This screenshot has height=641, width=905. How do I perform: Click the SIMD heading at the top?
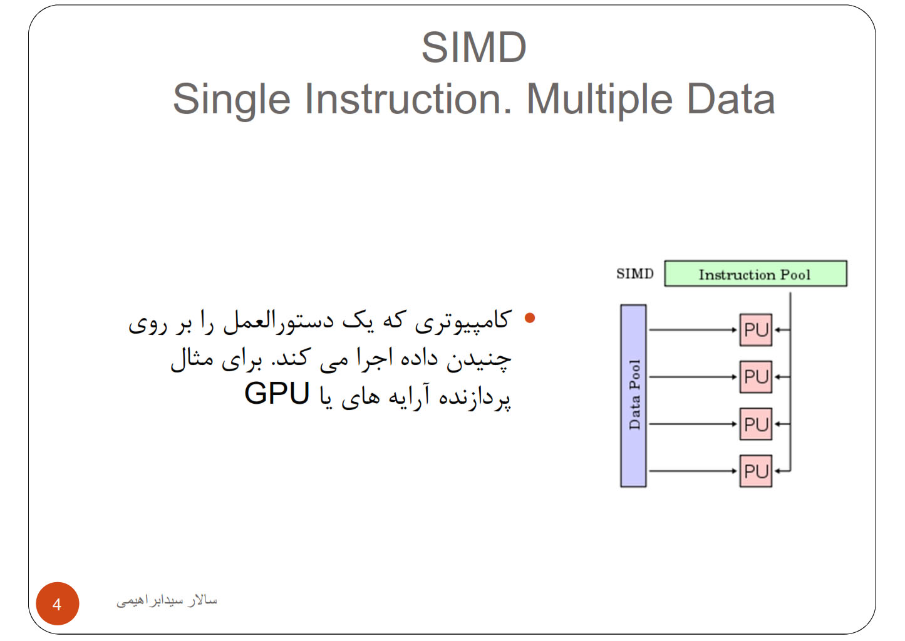[473, 48]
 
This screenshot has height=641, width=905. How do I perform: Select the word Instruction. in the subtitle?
[408, 99]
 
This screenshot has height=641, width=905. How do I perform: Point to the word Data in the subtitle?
[731, 99]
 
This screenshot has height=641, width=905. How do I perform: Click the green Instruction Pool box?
[755, 274]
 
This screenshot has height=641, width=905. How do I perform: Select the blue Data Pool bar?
[633, 396]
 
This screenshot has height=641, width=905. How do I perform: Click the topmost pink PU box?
[755, 330]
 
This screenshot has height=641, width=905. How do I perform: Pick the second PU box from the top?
[755, 377]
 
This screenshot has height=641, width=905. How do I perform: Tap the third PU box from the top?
[755, 424]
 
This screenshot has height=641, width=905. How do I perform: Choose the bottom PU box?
[755, 471]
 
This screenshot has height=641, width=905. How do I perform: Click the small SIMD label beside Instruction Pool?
[634, 274]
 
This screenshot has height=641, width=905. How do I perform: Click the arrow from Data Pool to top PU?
[693, 330]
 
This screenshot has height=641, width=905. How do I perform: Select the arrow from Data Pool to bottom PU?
[693, 471]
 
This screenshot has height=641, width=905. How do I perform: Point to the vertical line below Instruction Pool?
[790, 382]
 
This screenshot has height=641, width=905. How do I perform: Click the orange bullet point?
[530, 318]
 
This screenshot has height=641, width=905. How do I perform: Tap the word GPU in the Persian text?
[277, 393]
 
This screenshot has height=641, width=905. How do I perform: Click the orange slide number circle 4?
[58, 604]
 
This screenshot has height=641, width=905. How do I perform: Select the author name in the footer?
[167, 600]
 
